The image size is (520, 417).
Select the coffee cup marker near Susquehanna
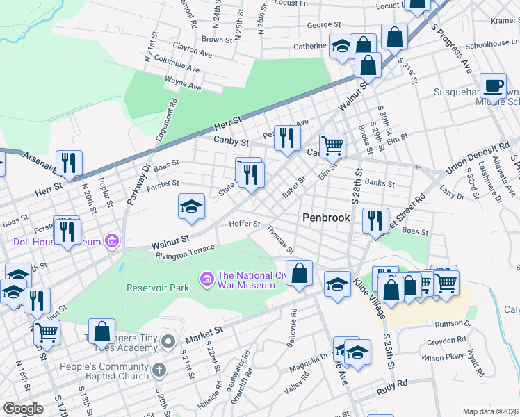(493, 87)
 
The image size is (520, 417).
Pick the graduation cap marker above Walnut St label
(191, 207)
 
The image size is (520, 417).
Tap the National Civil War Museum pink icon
(206, 279)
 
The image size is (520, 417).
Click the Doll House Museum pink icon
(111, 242)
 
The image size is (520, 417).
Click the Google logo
(24, 408)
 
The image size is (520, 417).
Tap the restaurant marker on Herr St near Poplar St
(69, 164)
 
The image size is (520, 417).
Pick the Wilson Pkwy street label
(444, 357)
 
